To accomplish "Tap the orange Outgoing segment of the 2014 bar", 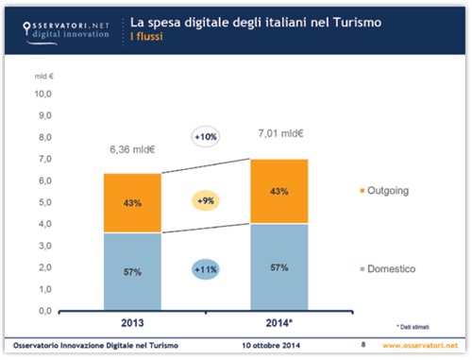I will pyautogui.click(x=279, y=192).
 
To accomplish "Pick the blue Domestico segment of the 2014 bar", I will pyautogui.click(x=279, y=267).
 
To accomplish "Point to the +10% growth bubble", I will pyautogui.click(x=206, y=138).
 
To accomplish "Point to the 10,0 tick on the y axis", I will pyautogui.click(x=44, y=94).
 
